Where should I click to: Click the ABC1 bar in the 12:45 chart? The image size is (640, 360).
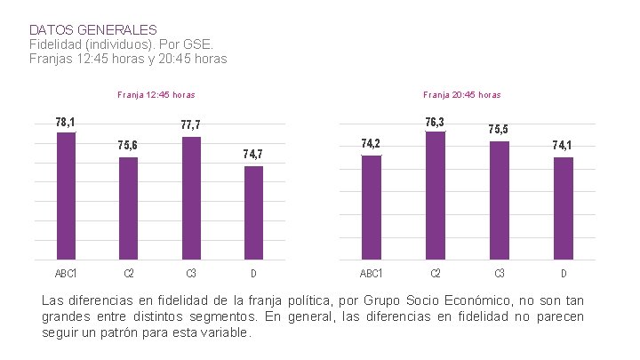tap(66, 196)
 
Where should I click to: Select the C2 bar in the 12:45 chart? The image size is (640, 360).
tap(129, 208)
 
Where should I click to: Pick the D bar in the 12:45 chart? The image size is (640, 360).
tap(254, 212)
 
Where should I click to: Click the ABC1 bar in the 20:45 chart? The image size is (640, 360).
tap(372, 207)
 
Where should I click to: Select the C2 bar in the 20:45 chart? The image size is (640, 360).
tap(436, 196)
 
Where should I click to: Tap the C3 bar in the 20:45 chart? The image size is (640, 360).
tap(500, 200)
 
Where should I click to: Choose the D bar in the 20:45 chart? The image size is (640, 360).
tap(563, 208)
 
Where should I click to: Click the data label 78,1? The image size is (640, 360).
tap(65, 122)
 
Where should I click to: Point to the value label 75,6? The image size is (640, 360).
tap(128, 145)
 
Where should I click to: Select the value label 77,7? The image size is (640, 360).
tap(190, 125)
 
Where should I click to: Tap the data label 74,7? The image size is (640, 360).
tap(253, 155)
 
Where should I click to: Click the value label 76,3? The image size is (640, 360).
tap(436, 122)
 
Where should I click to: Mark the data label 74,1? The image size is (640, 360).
tap(562, 145)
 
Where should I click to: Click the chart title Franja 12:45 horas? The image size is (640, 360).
tap(156, 94)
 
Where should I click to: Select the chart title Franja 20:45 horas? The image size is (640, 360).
tap(462, 94)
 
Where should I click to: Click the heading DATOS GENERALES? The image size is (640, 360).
tap(92, 30)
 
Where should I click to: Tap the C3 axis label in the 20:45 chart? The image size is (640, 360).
tap(500, 273)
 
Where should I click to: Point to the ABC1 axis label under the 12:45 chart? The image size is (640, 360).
tap(66, 273)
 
